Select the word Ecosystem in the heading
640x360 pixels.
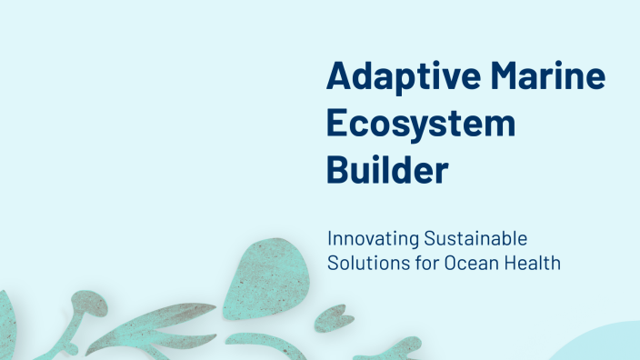(x=420, y=124)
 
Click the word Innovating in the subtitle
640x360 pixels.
(x=373, y=240)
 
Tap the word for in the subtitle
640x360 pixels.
(x=425, y=264)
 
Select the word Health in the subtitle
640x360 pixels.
(x=536, y=264)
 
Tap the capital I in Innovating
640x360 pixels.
(x=329, y=240)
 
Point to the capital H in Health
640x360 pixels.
(x=515, y=264)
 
